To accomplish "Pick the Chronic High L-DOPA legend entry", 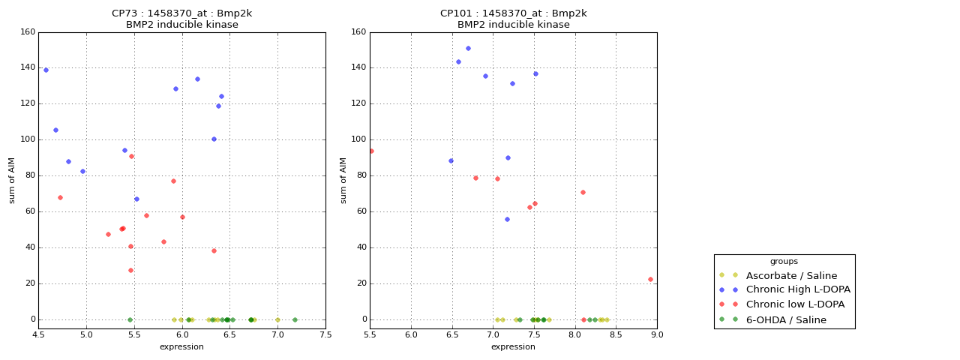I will click(798, 290).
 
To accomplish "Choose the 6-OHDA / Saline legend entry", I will click(786, 320).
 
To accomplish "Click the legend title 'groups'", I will click(784, 262).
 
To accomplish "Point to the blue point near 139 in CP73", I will click(46, 70).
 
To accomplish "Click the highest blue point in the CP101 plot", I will click(468, 49).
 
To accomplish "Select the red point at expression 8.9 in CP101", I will click(650, 280).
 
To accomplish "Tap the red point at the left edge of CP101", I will click(370, 151).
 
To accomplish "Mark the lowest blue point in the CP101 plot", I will click(507, 220).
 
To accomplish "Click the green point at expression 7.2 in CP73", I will click(295, 319).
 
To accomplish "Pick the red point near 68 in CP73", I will click(60, 198).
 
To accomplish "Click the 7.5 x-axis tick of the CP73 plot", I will click(325, 334).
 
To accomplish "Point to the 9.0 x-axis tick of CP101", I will click(657, 334).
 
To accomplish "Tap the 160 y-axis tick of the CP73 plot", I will click(28, 32).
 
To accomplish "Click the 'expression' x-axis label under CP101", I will click(513, 347).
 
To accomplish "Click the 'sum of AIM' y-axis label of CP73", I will click(13, 180).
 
